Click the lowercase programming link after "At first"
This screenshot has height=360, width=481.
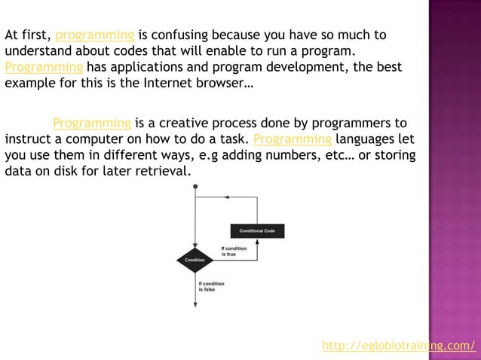(x=95, y=35)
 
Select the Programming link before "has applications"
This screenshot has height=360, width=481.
(x=44, y=68)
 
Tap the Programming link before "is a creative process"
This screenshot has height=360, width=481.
(x=92, y=124)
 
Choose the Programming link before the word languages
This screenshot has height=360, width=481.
(x=293, y=140)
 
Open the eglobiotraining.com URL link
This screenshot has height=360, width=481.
(x=399, y=346)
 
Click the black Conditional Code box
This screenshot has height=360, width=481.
(x=256, y=230)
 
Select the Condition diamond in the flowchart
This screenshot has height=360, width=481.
(x=195, y=259)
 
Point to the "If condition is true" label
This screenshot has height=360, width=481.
(x=234, y=251)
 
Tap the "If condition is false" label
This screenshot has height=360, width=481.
(x=211, y=286)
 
